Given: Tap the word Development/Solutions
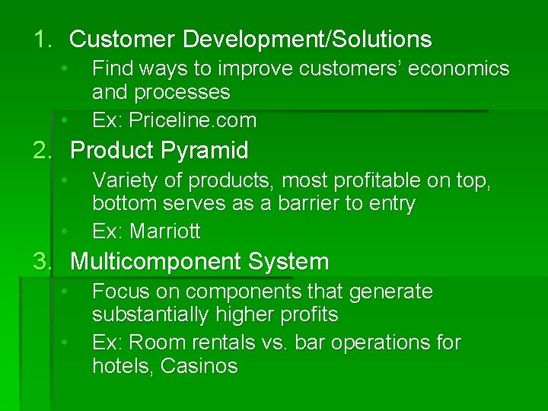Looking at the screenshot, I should click(306, 40).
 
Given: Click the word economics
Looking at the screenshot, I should click(455, 69).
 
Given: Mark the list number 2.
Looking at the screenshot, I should click(42, 151).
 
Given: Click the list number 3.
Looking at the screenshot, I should click(42, 263).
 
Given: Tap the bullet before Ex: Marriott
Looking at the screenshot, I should click(66, 231).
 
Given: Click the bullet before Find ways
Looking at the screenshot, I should click(66, 68).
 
